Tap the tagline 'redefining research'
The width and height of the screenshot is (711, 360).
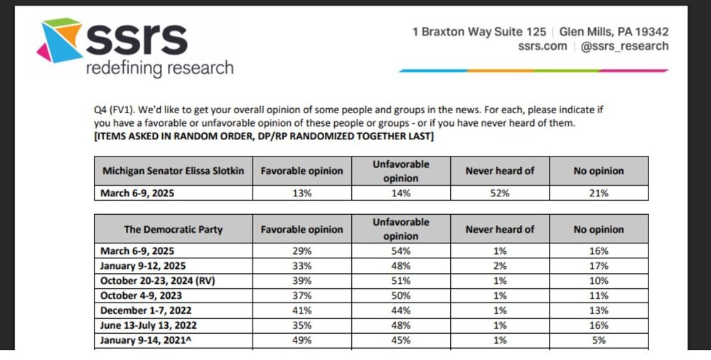[159, 68]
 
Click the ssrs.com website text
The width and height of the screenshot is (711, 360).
[543, 46]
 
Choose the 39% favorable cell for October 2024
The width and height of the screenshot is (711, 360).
[301, 281]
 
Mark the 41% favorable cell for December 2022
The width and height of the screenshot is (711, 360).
[301, 310]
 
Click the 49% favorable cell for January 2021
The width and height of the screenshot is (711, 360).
[301, 340]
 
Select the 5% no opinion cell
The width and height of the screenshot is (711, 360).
[599, 340]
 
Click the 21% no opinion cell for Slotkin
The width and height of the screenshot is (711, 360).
[599, 192]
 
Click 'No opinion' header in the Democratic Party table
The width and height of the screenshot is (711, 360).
[599, 229]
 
